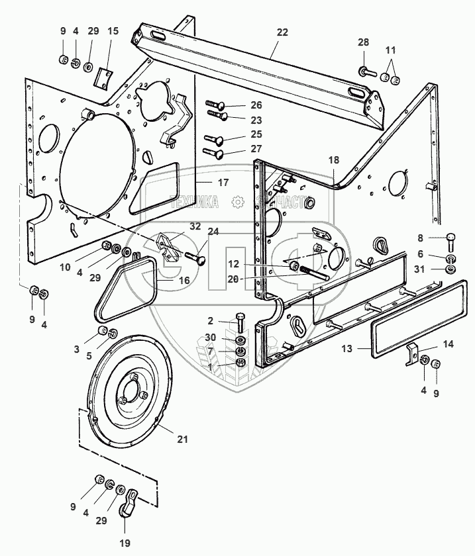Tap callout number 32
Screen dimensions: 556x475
195,226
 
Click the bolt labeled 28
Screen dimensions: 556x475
367,70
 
